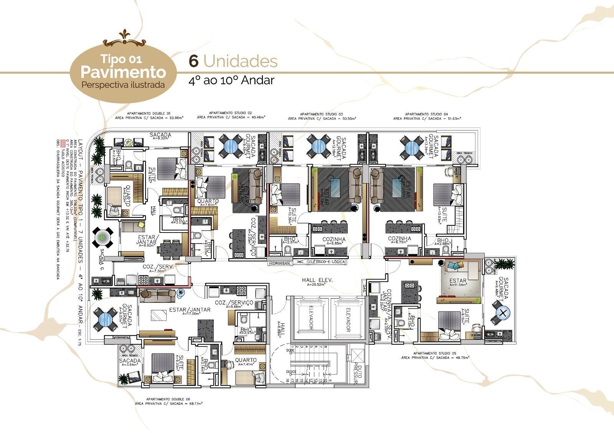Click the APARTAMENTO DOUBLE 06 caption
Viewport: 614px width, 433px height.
click(x=168, y=399)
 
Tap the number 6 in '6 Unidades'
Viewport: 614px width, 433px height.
click(x=194, y=61)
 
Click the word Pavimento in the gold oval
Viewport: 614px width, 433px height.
click(x=123, y=72)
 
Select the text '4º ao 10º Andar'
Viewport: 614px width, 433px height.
click(x=231, y=80)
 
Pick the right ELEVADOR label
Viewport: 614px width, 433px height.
click(x=348, y=319)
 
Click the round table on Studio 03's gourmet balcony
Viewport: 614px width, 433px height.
click(x=319, y=146)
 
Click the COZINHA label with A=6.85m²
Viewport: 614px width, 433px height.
click(x=333, y=239)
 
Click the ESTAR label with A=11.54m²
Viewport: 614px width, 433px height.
click(x=458, y=281)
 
